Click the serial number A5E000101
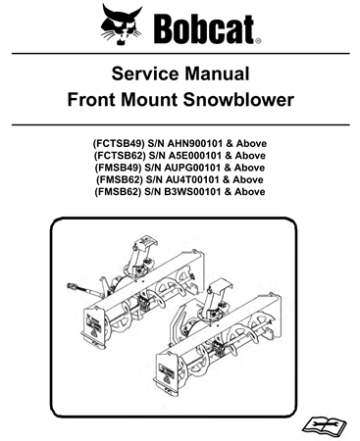pos(200,155)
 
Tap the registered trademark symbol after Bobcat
pos(258,41)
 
